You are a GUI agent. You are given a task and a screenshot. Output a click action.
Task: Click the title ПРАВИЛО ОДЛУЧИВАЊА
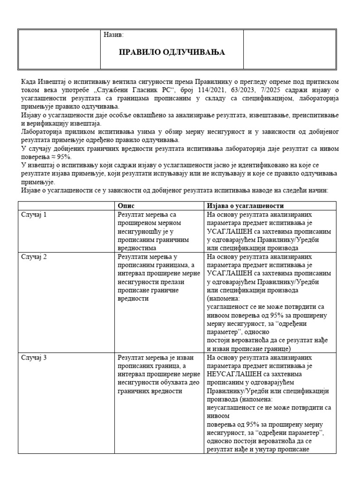[x=172, y=52]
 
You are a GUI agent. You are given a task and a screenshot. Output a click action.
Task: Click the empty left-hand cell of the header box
[x=59, y=49]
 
